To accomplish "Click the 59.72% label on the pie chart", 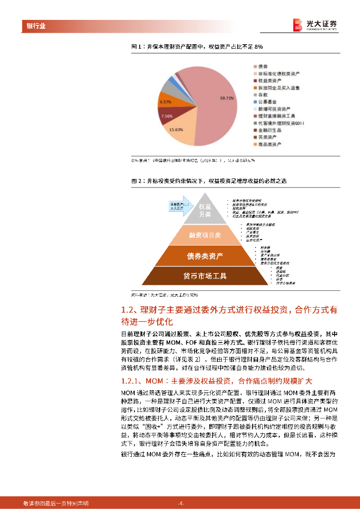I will click(227, 98).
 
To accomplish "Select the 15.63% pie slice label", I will click(176, 129).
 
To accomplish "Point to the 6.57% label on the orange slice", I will click(165, 101).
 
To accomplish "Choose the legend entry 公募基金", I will click(268, 101).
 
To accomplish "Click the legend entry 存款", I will click(263, 94).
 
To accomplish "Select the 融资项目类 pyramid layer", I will click(205, 235).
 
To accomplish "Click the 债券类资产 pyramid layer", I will click(205, 256).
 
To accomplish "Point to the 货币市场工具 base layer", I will click(205, 276).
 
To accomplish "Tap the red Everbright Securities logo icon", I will click(298, 25).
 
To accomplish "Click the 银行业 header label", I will click(35, 26).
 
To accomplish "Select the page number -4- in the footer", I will click(181, 503).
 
